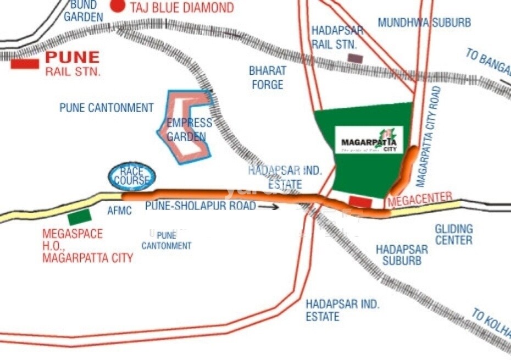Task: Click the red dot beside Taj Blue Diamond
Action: point(117,6)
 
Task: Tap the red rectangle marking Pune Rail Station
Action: point(25,64)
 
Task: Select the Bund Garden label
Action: point(83,11)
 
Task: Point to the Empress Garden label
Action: point(189,129)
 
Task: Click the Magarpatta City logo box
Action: point(369,140)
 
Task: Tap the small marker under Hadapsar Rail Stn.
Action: point(355,58)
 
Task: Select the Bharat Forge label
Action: point(268,77)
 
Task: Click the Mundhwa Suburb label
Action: point(424,23)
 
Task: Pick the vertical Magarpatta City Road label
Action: point(429,137)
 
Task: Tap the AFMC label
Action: point(119,211)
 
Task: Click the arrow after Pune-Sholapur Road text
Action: point(269,207)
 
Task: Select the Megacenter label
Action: point(420,199)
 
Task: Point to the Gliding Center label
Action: point(453,234)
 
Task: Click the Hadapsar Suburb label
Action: point(402,254)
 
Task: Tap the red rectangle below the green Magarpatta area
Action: point(360,202)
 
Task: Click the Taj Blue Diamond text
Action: point(181,8)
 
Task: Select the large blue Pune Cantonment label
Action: point(107,108)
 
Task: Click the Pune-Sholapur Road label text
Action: point(201,206)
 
